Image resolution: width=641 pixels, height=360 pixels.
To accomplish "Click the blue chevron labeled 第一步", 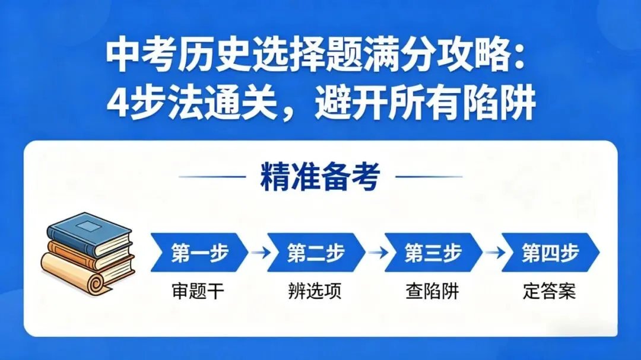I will coord(198,252).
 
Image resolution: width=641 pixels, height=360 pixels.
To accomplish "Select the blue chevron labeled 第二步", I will coord(315,252).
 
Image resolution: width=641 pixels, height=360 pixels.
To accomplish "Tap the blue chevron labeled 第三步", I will coord(433,252).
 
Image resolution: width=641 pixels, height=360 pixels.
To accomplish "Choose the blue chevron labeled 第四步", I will coord(550,252).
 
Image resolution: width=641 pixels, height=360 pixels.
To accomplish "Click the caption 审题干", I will coord(198,292).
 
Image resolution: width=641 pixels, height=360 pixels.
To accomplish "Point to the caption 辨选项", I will coord(315,292).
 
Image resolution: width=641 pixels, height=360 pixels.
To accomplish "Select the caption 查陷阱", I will coord(433,292).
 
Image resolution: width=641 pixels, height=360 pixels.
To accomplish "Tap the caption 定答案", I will coord(550,292).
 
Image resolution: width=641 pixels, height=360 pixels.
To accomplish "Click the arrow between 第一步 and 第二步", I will coord(258,253).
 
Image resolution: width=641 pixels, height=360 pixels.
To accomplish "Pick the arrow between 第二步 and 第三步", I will coord(375,253).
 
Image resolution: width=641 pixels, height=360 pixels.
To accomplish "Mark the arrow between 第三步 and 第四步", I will coord(491,253).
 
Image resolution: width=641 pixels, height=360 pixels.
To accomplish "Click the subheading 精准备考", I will coord(320,176).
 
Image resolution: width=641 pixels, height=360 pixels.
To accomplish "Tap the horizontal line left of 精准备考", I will coord(212,176).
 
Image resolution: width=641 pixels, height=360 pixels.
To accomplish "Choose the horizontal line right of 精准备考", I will coord(429,176).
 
